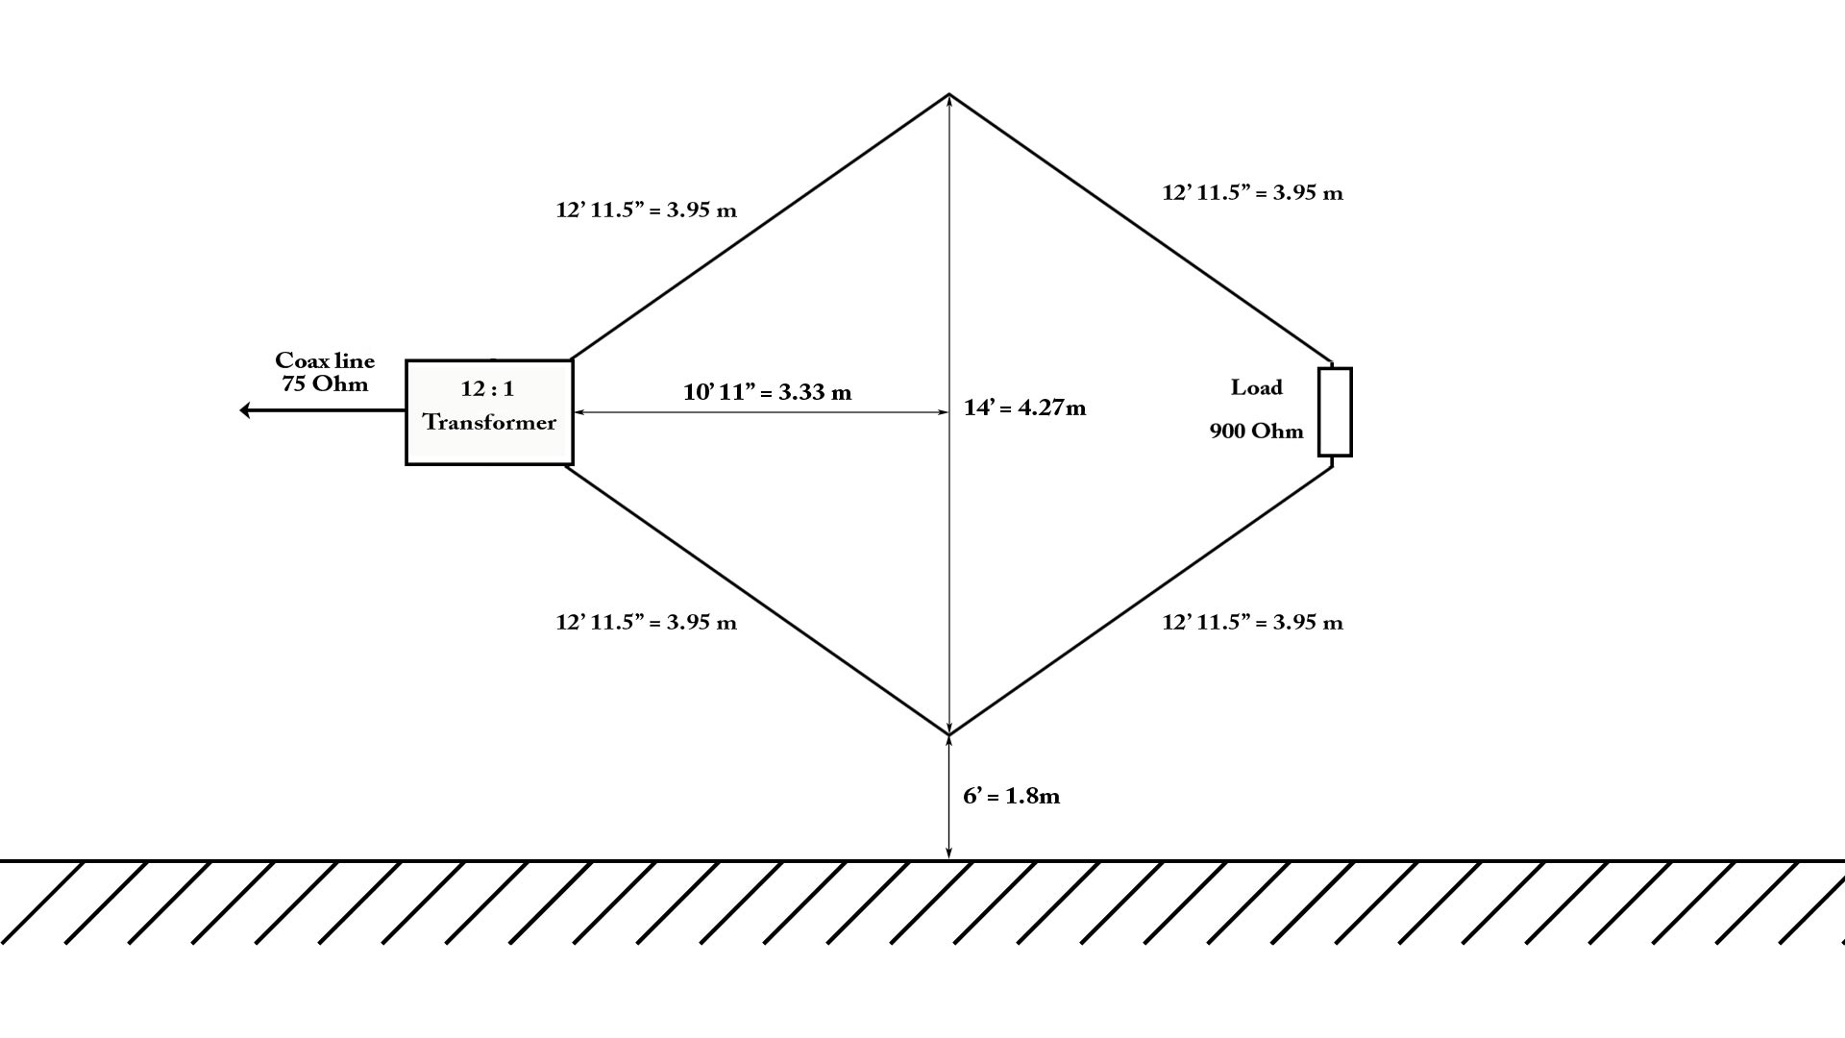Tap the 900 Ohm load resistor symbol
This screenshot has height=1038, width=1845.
[x=1335, y=411]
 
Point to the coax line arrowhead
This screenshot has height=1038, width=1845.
[x=245, y=410]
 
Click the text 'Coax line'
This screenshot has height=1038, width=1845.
[x=325, y=360]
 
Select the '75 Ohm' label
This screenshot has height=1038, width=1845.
[x=325, y=384]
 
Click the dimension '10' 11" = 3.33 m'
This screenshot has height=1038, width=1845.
[x=767, y=392]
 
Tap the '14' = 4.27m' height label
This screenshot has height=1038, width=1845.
[x=1024, y=408]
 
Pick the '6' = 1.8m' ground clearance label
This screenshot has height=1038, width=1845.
[x=1011, y=796]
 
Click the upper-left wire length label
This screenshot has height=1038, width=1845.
[x=646, y=210]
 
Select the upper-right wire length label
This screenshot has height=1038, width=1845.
[x=1252, y=192]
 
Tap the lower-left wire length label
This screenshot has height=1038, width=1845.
[x=646, y=622]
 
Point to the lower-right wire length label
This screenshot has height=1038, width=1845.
[x=1252, y=622]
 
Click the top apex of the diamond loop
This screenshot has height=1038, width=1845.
[x=949, y=94]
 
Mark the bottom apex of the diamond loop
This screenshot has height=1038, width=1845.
[x=949, y=734]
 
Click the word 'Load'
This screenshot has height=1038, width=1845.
[x=1257, y=387]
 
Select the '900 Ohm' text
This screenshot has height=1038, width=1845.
[x=1257, y=431]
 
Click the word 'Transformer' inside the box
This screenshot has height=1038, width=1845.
[x=489, y=423]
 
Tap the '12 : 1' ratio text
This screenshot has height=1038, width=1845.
[x=487, y=388]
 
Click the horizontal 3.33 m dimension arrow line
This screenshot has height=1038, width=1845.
[x=762, y=412]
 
